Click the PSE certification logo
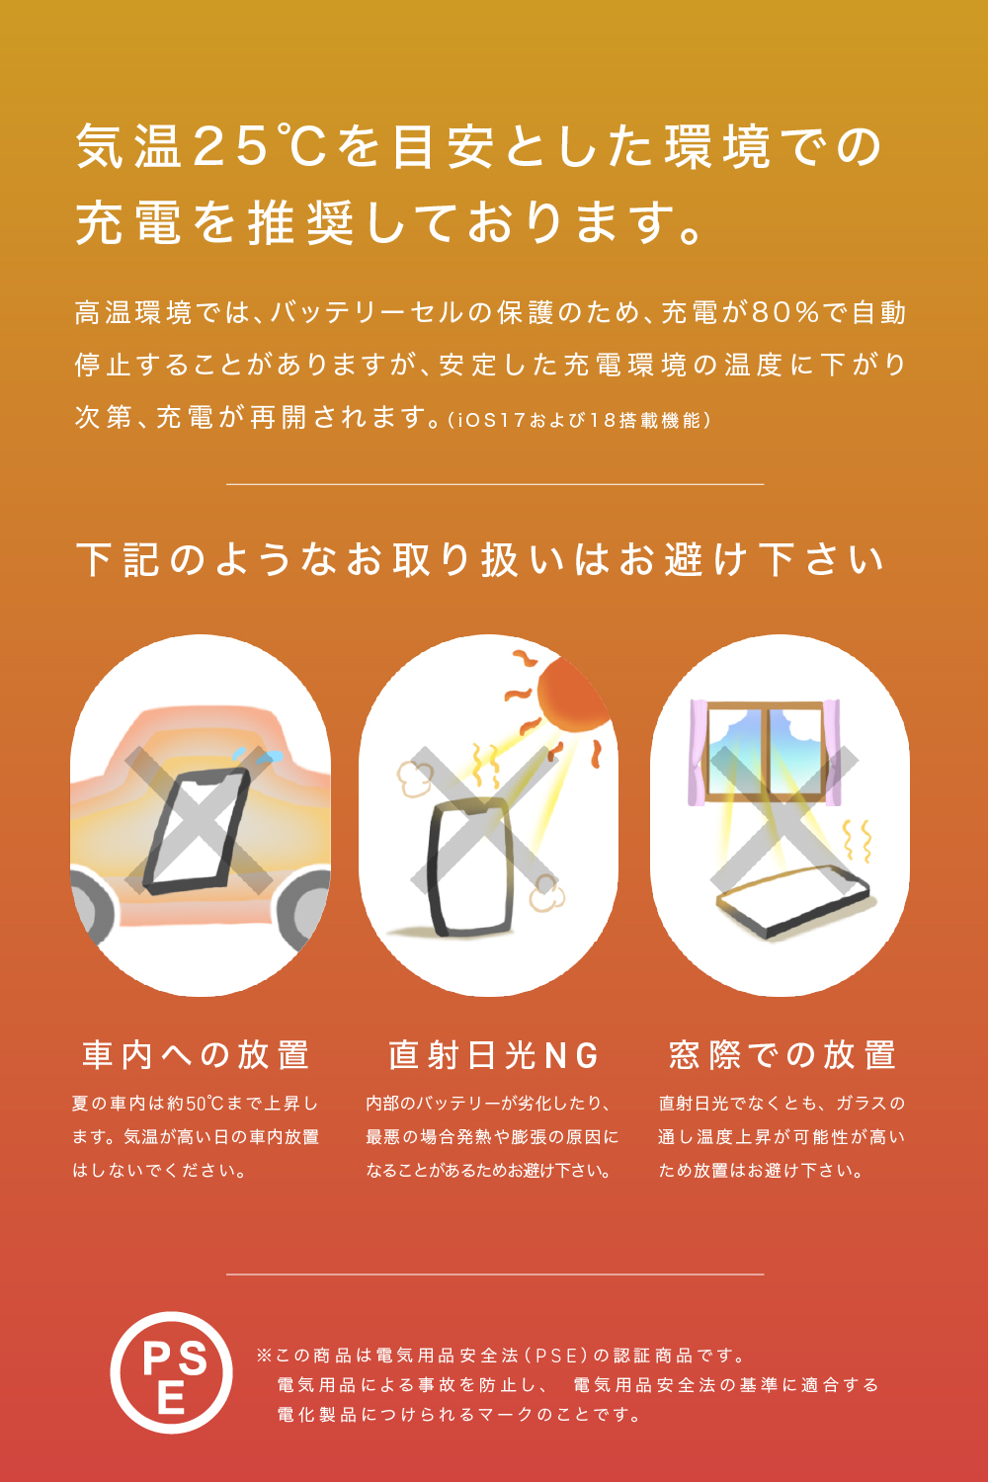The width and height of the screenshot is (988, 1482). (x=171, y=1372)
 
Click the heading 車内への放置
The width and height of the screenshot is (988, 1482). (x=196, y=1054)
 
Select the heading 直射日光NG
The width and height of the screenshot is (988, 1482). (x=493, y=1055)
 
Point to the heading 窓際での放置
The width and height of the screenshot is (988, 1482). (x=782, y=1054)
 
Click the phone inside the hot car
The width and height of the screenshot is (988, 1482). (x=198, y=832)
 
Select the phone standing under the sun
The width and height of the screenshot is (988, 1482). (x=470, y=867)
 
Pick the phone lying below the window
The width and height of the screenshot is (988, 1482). (x=792, y=901)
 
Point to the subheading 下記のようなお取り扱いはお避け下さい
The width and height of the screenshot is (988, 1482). (x=480, y=560)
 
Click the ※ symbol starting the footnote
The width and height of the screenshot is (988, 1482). (x=264, y=1356)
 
